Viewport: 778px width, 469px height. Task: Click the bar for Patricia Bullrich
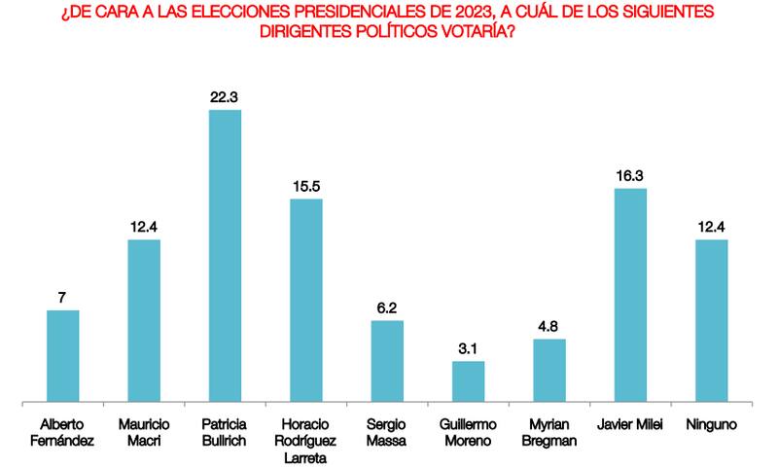point(226,255)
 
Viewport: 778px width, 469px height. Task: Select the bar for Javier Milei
point(631,294)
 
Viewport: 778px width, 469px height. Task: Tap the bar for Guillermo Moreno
point(469,380)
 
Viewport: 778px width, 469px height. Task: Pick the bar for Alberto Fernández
point(63,355)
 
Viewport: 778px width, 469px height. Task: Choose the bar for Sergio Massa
point(387,360)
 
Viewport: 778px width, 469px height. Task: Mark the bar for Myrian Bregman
point(549,370)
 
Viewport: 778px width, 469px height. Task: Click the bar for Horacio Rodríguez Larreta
point(306,300)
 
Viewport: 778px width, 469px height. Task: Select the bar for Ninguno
point(712,320)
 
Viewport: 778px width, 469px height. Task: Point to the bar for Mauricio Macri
point(144,320)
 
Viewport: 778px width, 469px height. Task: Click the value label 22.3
point(226,96)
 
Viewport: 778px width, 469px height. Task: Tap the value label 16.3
point(631,175)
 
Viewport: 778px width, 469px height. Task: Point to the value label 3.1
point(469,347)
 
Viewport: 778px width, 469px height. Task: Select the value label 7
point(63,297)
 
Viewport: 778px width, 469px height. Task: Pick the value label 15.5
point(306,185)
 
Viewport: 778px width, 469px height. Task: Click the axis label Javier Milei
point(631,425)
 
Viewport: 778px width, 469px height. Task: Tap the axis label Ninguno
point(712,425)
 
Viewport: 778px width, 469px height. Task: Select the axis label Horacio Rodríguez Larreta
point(306,442)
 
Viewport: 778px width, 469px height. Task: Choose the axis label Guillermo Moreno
point(469,434)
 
